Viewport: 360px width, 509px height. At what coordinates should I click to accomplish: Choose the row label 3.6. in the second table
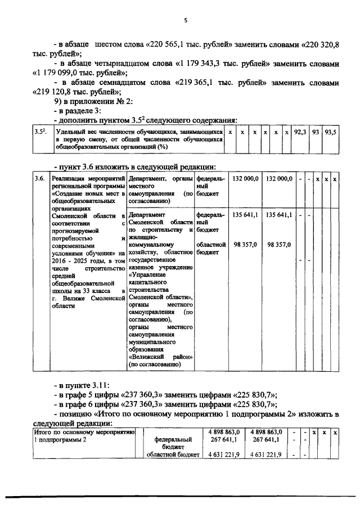click(x=39, y=178)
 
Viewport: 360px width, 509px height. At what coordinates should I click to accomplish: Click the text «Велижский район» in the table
click(x=161, y=357)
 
